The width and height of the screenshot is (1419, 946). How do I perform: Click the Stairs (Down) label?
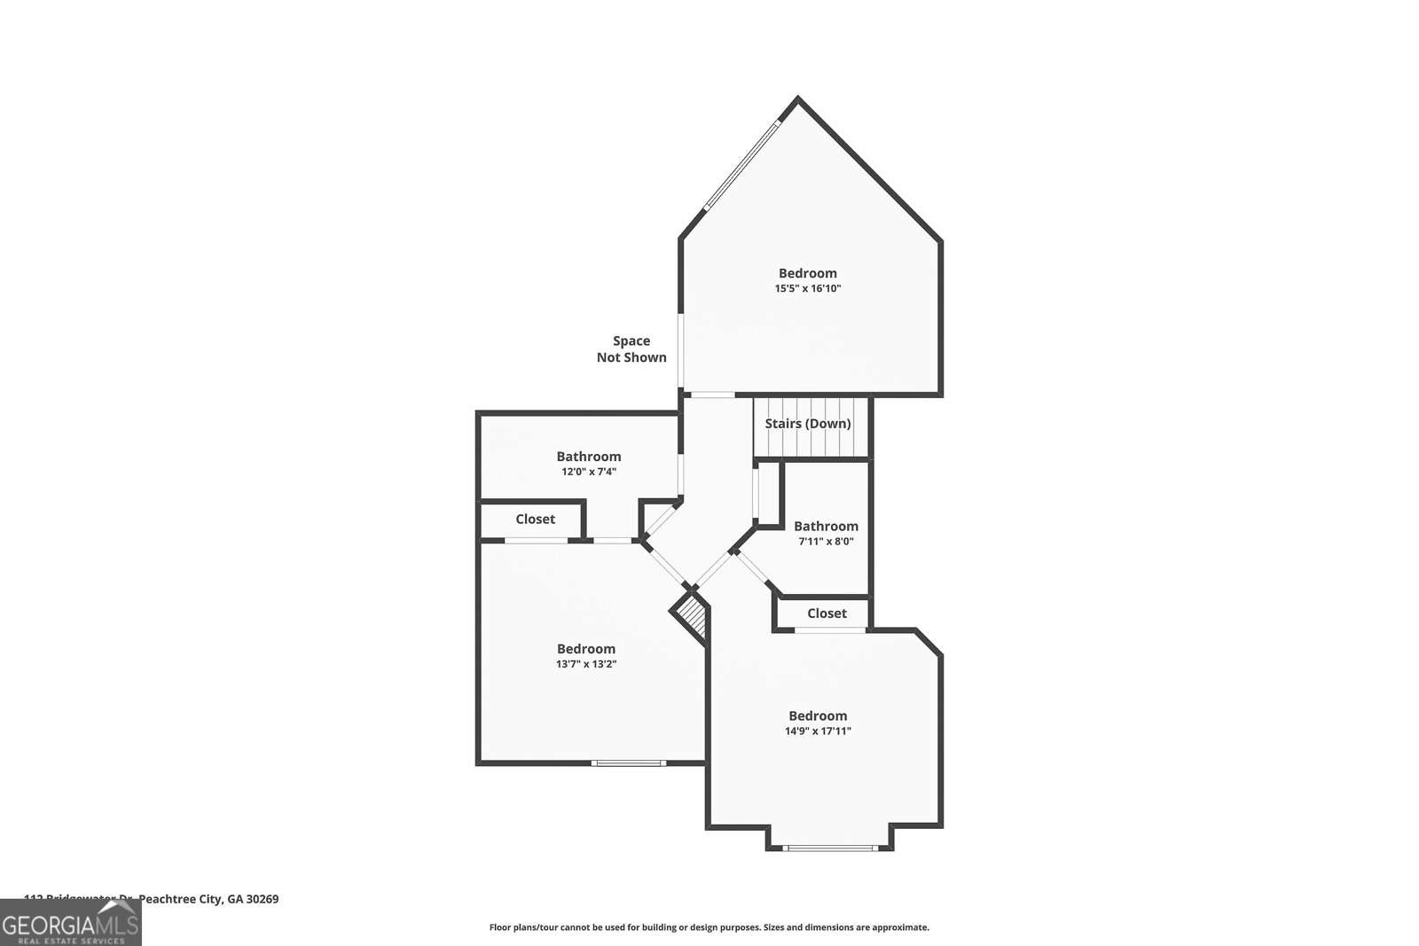coord(808,424)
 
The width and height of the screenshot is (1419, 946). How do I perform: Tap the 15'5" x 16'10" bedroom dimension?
coord(808,288)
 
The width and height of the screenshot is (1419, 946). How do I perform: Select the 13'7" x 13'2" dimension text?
coord(586,664)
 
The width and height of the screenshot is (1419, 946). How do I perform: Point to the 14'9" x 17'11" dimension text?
coord(818,731)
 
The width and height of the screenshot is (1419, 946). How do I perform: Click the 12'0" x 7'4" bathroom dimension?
coord(589,472)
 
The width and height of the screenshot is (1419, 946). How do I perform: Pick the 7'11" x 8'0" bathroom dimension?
coord(826,541)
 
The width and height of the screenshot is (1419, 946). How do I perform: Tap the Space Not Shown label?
coord(631,349)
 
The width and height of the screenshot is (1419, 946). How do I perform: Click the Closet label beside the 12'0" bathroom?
coord(536,520)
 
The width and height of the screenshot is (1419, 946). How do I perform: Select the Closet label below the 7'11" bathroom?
coord(827,614)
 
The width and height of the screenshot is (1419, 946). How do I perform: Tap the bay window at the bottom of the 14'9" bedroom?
coord(830,848)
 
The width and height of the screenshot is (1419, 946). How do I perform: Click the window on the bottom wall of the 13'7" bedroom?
coord(629,762)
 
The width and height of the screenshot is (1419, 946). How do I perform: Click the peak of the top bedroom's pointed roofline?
coord(798,99)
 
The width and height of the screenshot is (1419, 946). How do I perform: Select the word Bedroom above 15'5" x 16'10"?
coord(808,273)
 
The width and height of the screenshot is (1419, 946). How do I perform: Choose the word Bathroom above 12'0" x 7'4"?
coord(589,457)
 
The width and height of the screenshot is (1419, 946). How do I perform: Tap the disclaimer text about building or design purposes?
coord(709,927)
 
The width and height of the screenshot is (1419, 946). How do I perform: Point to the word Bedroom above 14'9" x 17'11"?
coord(818,715)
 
